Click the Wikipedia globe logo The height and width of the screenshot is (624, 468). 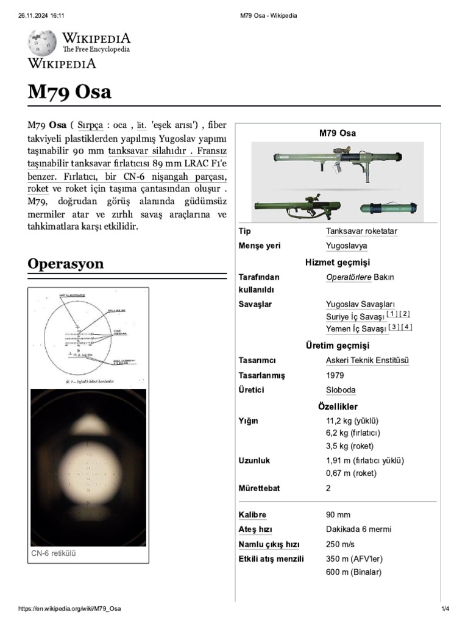[x=42, y=43]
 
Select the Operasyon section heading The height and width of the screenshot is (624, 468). [x=66, y=264]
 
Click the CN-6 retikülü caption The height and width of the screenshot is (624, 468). [x=53, y=554]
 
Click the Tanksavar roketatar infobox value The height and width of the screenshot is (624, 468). [x=361, y=232]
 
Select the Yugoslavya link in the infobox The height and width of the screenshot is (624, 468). [x=346, y=246]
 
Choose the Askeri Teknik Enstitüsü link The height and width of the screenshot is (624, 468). [x=367, y=361]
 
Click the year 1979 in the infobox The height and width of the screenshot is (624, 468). [x=335, y=375]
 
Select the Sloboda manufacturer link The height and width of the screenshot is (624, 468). [x=341, y=390]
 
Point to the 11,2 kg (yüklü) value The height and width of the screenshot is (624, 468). [x=352, y=421]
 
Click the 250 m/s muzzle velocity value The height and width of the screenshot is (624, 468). [x=340, y=544]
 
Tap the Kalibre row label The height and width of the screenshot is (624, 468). [x=252, y=515]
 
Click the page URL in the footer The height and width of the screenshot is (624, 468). [x=69, y=609]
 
